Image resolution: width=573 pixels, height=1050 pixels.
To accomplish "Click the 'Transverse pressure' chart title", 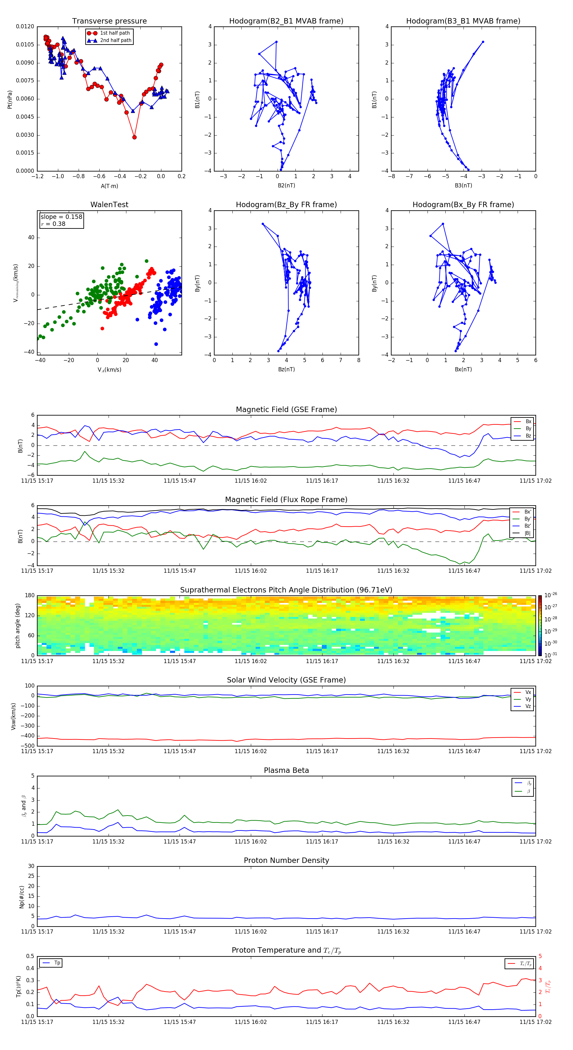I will coord(109,21).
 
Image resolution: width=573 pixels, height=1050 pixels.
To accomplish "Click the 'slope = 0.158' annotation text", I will coord(61,217).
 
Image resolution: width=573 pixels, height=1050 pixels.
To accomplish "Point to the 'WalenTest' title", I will coord(109,205).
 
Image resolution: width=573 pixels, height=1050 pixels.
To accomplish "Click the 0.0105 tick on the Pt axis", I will coord(25,45).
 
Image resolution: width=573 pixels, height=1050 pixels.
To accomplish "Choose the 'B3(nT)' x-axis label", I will coord(463,185).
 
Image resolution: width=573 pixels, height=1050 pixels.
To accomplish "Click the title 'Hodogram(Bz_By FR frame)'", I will coord(286,205).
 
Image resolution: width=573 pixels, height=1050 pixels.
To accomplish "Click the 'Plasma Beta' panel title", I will coord(286,770).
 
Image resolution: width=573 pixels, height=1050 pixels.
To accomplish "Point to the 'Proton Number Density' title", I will coord(286,860).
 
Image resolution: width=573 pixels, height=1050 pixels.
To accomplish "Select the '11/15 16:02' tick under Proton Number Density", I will coord(251,931).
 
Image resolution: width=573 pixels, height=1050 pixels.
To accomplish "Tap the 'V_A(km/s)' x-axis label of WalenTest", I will coord(109,370).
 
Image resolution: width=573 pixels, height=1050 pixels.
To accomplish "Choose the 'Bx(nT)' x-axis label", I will coord(463,369).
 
